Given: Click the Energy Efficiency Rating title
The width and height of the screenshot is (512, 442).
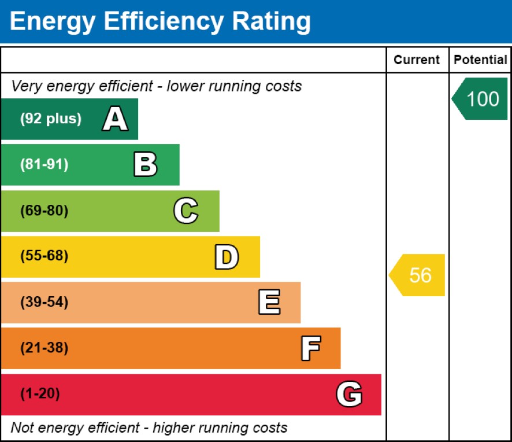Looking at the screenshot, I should [160, 22].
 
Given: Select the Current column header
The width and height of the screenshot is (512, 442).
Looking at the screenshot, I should [417, 60].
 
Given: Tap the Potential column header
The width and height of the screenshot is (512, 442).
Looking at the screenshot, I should [480, 60].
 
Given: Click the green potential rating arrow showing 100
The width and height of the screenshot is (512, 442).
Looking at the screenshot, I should [480, 99].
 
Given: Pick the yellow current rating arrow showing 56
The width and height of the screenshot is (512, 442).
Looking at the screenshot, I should [418, 275].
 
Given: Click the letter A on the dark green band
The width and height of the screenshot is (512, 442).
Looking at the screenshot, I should [115, 119].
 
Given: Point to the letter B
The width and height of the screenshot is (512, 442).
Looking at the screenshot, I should [145, 165].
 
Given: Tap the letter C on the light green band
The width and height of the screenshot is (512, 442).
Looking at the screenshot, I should [185, 211].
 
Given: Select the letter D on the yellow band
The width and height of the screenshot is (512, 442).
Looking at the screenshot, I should [226, 257].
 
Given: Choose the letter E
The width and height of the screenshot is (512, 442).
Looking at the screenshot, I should [269, 303].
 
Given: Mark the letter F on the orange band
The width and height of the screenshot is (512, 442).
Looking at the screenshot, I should [310, 348].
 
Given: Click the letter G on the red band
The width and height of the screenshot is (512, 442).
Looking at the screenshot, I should [349, 395].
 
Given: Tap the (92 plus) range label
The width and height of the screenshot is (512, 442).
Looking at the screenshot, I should [51, 119].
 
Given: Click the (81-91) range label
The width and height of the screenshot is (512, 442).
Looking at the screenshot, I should [44, 165].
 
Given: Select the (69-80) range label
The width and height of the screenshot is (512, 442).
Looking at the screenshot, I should [44, 211].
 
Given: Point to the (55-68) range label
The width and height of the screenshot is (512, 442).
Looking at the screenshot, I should [44, 256].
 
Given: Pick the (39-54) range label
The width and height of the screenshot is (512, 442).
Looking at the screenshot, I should [44, 303].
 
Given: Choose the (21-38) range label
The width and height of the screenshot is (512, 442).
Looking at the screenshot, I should [44, 348].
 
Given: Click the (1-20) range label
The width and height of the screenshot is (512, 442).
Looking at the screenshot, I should [40, 395].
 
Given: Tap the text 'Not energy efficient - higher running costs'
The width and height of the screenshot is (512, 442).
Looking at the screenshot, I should [149, 428].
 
